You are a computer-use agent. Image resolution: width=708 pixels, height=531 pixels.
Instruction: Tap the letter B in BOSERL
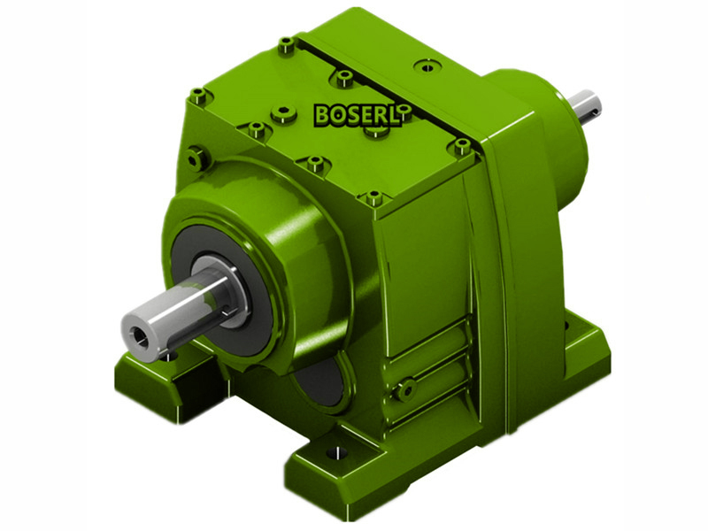(323, 115)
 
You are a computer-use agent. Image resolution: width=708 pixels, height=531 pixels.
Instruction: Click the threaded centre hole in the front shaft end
(138, 334)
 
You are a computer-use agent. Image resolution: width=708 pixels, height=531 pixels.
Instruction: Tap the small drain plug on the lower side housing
(408, 387)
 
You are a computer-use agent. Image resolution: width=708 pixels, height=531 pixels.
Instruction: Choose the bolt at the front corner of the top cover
(374, 197)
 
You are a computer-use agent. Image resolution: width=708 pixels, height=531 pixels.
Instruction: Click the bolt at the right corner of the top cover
(462, 145)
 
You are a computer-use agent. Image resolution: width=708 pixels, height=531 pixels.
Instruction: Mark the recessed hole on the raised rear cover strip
(428, 66)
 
